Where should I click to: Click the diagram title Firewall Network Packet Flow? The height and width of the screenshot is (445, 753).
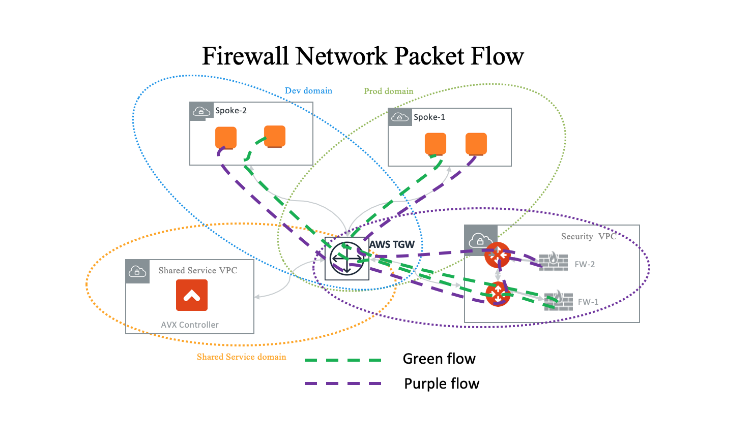[x=363, y=56]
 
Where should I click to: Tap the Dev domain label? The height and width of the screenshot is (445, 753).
[x=308, y=91]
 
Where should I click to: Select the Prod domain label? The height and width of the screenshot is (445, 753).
[x=388, y=91]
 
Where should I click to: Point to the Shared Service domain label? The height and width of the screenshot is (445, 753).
[x=241, y=357]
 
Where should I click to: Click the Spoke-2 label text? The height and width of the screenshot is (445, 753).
[x=230, y=111]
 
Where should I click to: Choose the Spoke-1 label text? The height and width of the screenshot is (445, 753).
[x=429, y=117]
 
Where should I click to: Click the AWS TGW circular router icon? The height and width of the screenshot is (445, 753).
[x=346, y=259]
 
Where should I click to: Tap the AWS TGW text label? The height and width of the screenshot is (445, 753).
[x=392, y=244]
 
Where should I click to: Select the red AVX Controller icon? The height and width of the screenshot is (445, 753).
[x=192, y=295]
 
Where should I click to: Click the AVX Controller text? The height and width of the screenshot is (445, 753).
[x=190, y=325]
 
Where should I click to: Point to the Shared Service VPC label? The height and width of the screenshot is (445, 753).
[x=197, y=271]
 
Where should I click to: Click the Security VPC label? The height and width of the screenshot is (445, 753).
[x=588, y=237]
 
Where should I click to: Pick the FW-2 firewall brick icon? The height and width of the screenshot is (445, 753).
[x=554, y=262]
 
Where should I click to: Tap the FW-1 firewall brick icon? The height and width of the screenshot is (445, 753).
[x=559, y=301]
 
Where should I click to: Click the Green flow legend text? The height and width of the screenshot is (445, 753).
[x=439, y=359]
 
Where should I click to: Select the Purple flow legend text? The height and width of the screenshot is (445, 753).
[x=442, y=384]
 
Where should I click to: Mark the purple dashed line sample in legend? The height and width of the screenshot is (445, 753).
[x=343, y=384]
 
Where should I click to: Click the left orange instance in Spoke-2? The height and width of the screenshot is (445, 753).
[x=226, y=137]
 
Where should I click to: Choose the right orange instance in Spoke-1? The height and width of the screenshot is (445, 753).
[x=476, y=143]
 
